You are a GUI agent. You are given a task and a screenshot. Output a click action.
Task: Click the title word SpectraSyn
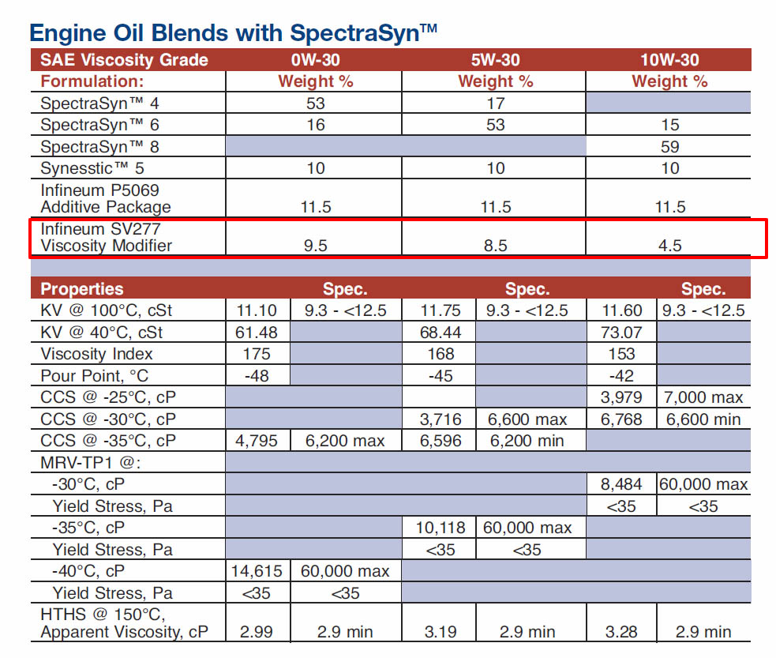(x=363, y=34)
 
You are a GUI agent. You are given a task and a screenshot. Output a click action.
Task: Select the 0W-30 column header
(x=315, y=60)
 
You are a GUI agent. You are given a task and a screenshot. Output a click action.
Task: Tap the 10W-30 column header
(x=669, y=60)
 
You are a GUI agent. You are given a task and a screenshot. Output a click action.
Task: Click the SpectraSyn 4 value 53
(x=315, y=103)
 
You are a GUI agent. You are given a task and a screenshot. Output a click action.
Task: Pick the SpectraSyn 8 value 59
(x=670, y=147)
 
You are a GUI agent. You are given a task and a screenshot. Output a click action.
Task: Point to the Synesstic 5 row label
(x=92, y=168)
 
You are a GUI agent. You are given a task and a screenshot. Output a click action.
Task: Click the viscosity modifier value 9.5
(x=315, y=246)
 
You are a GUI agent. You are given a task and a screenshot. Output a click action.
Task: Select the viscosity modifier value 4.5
(x=670, y=246)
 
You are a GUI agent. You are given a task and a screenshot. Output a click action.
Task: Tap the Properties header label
(x=81, y=288)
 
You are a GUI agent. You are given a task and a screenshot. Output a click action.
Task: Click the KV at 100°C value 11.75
(x=440, y=310)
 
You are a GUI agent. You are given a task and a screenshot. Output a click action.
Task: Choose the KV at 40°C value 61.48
(x=257, y=333)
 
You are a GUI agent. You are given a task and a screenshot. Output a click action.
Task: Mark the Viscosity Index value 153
(x=621, y=354)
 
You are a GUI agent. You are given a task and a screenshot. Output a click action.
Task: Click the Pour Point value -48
(x=257, y=376)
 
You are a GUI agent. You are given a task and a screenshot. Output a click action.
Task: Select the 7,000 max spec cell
(x=703, y=397)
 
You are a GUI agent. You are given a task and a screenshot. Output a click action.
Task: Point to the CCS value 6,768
(x=621, y=419)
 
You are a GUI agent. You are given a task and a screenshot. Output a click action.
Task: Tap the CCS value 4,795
(x=257, y=441)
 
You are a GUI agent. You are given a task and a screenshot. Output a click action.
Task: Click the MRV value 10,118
(x=440, y=528)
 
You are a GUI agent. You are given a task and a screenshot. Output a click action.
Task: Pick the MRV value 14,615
(x=257, y=571)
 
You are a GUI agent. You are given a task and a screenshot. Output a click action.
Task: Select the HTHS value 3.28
(x=621, y=632)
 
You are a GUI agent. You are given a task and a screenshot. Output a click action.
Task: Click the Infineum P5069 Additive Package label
(x=106, y=198)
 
